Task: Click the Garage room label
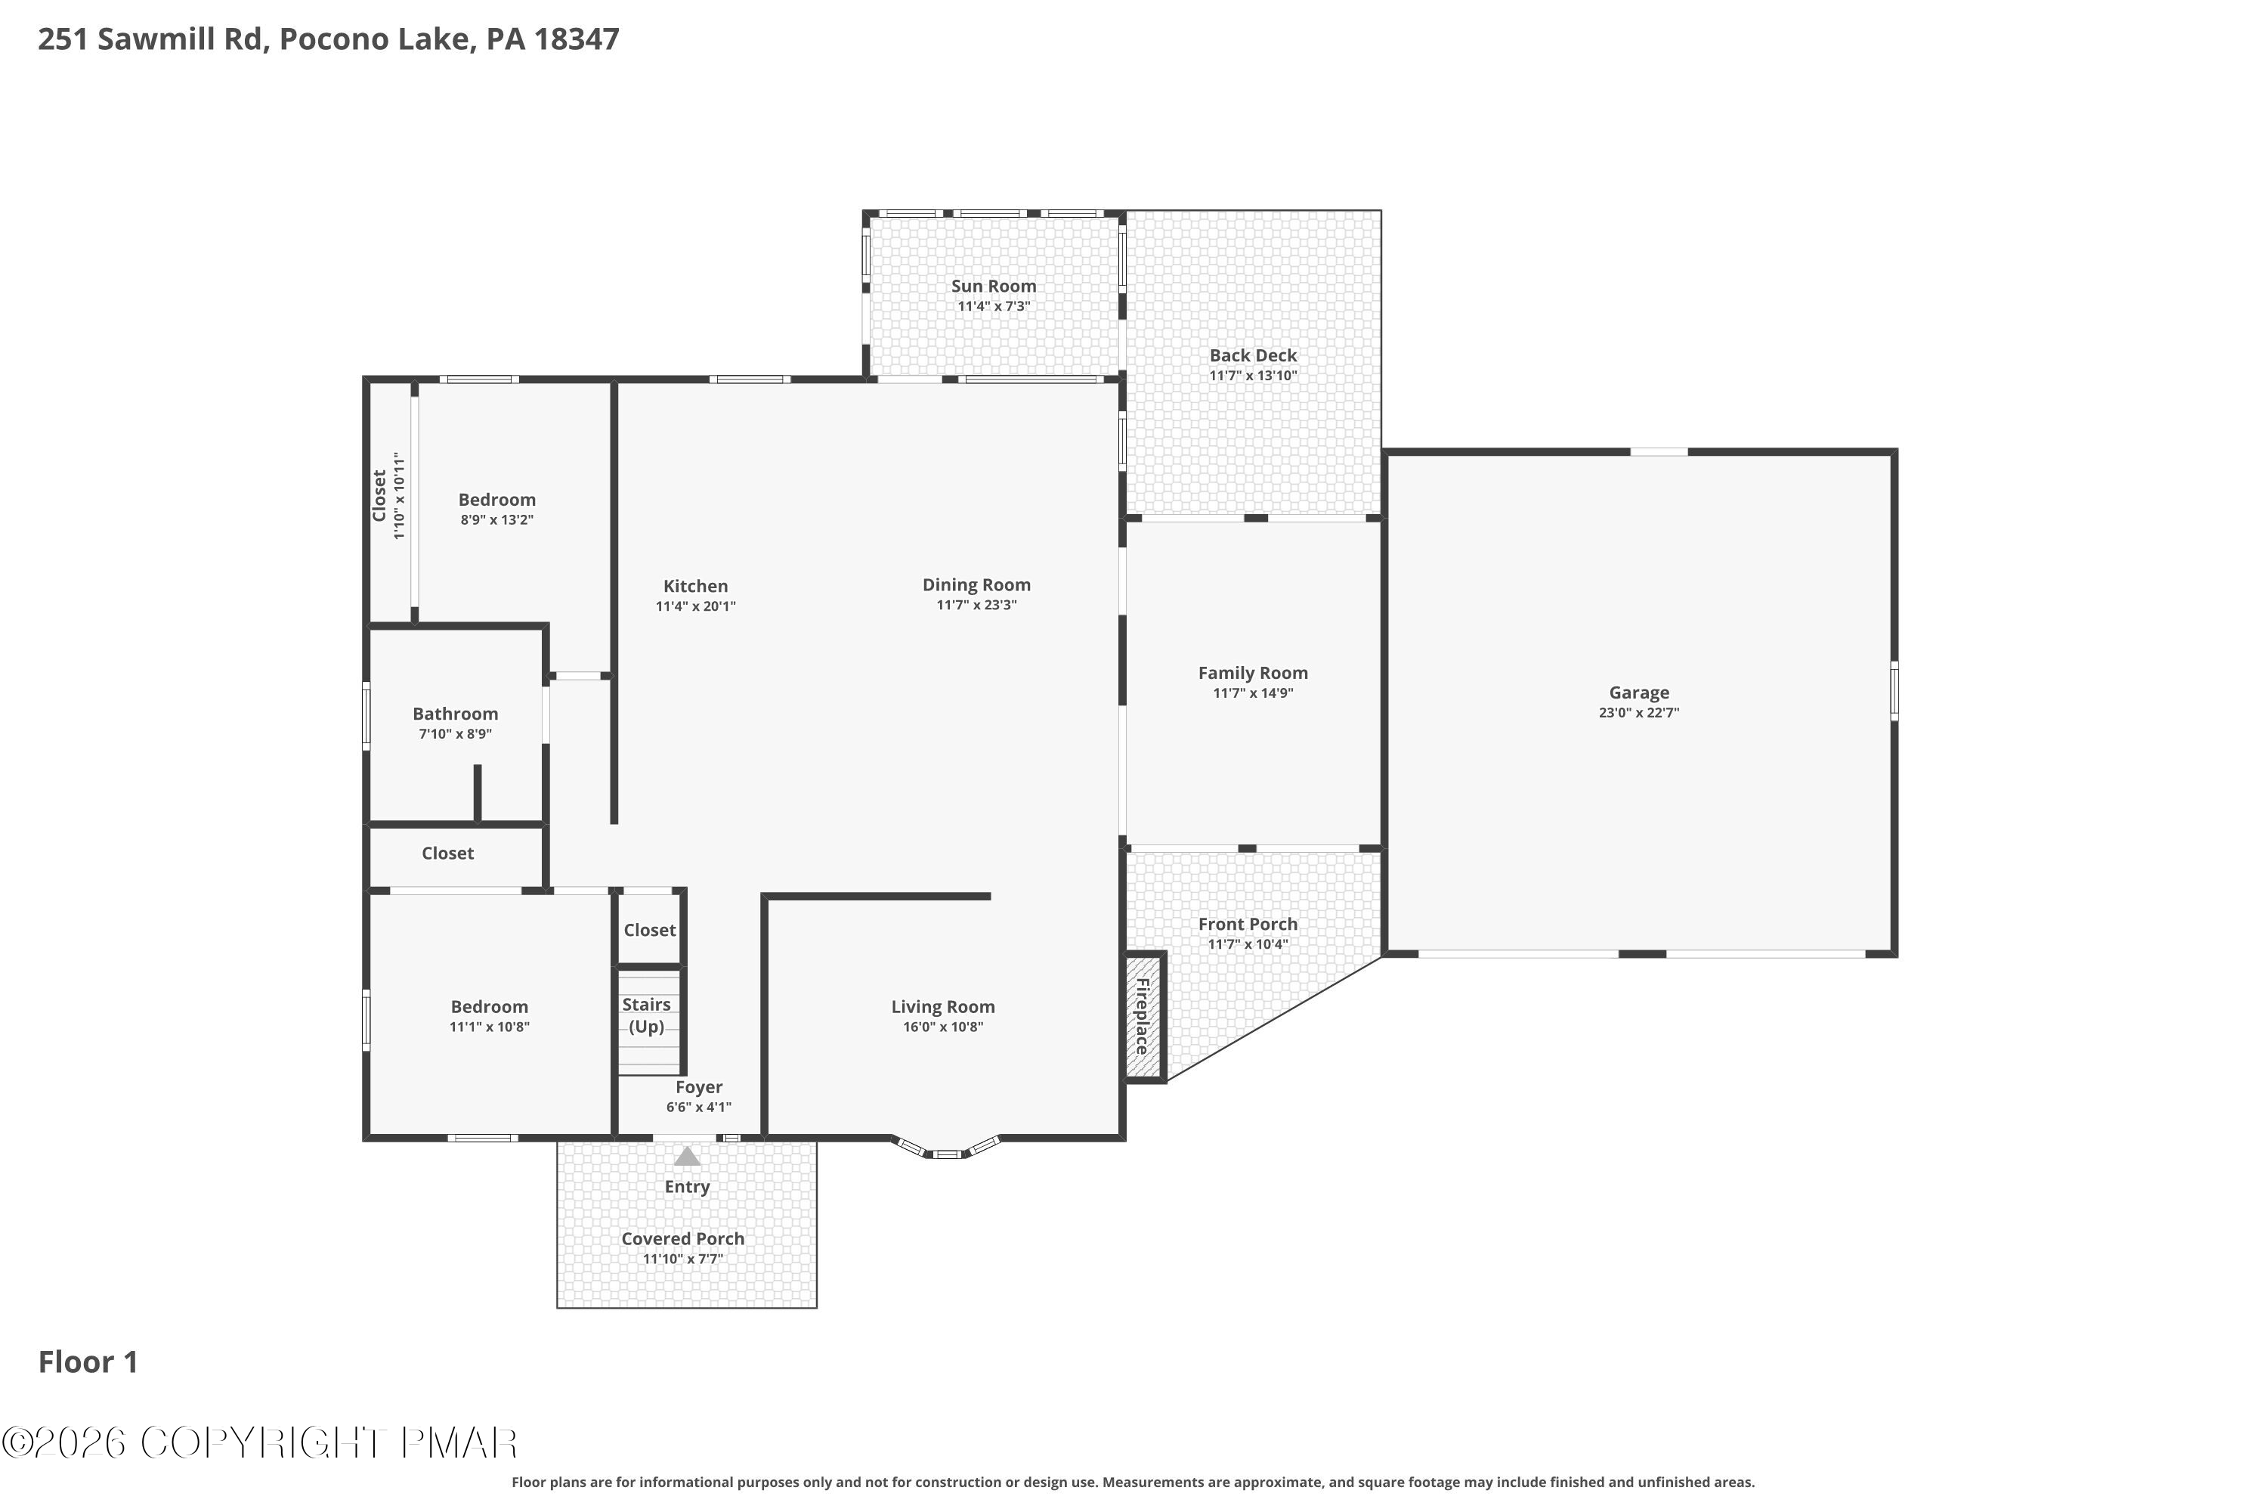[x=1638, y=692]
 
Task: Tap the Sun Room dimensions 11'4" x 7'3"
[x=994, y=307]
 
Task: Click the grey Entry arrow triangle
[x=687, y=1156]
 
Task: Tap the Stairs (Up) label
[x=646, y=1015]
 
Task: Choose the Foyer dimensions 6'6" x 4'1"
[x=699, y=1107]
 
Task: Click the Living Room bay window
[x=945, y=1149]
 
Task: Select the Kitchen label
[x=695, y=587]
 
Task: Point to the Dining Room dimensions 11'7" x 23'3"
[x=976, y=606]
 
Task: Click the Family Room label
[x=1253, y=673]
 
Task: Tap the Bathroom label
[x=455, y=714]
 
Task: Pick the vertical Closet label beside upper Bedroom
[x=380, y=497]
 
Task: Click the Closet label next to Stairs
[x=650, y=930]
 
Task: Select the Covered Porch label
[x=682, y=1238]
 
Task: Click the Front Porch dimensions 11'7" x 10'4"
[x=1248, y=944]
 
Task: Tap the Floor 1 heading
[x=88, y=1362]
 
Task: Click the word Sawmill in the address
[x=157, y=39]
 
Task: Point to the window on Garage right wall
[x=1894, y=690]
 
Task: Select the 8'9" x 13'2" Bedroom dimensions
[x=496, y=520]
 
